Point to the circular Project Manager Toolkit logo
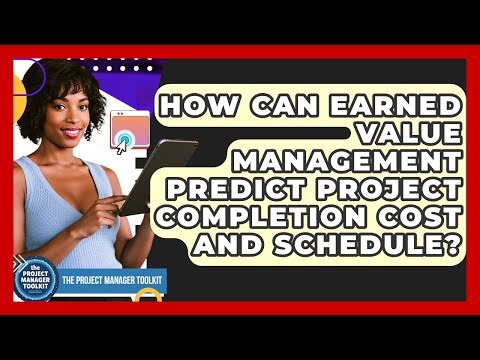[x=35, y=280]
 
